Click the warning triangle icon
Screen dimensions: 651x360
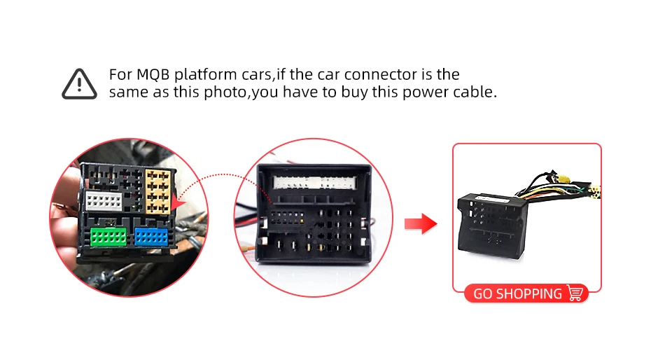79,83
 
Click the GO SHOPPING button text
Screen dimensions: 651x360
517,293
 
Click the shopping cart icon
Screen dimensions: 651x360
575,293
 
